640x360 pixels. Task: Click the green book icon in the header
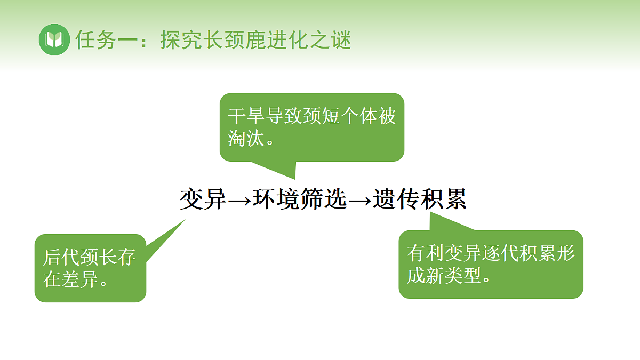pyautogui.click(x=54, y=39)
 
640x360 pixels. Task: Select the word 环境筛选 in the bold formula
pyautogui.click(x=300, y=199)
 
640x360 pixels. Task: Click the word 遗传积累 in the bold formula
pyautogui.click(x=420, y=199)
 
